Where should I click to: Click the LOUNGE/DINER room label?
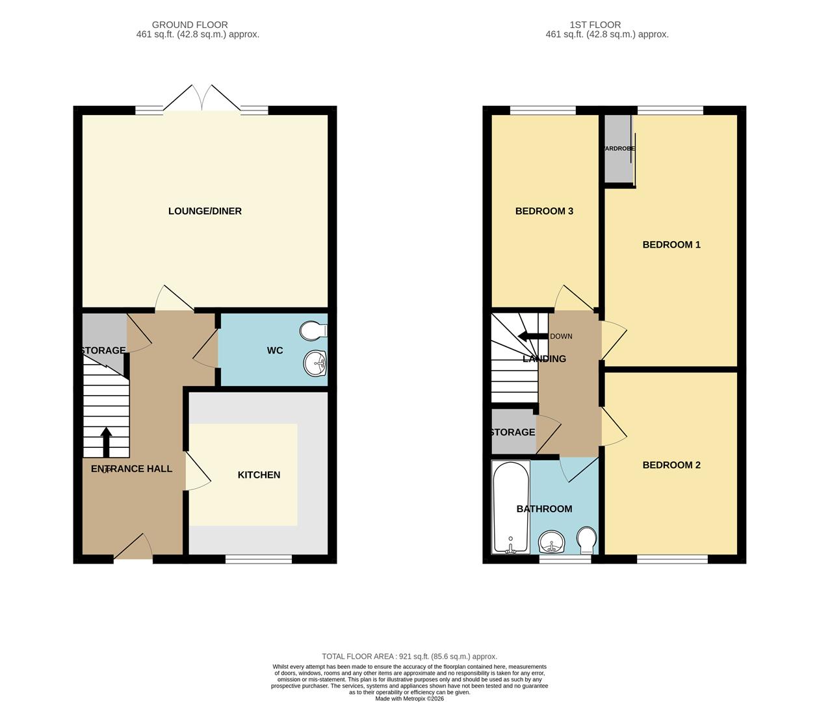pos(205,211)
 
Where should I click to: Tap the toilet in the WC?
pos(314,331)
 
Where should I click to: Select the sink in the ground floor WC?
pos(316,363)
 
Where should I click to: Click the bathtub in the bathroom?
pos(511,508)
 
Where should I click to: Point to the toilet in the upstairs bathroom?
pos(586,539)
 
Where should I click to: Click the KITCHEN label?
pos(259,475)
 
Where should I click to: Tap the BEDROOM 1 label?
pos(671,245)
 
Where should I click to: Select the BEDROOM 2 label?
pos(671,465)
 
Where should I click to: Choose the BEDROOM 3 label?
pos(544,211)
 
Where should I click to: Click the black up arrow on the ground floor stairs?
pos(106,442)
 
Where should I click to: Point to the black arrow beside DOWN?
pos(532,337)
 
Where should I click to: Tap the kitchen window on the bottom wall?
pos(259,558)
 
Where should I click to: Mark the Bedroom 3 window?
pos(543,110)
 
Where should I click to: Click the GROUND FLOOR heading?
pos(190,25)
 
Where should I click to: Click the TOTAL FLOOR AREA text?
pos(409,656)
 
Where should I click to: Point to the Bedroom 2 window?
pos(672,558)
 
